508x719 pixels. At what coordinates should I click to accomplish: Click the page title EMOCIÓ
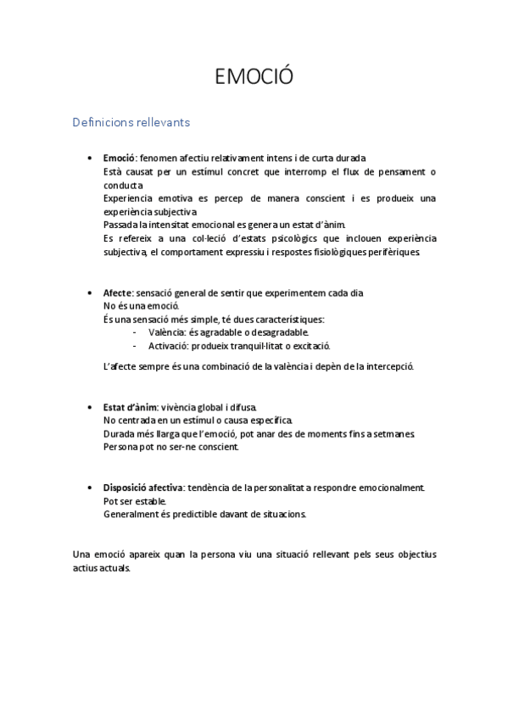pos(254,78)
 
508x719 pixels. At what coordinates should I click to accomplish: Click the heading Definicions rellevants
pos(131,122)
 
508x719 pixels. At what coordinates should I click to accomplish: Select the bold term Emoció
pos(119,159)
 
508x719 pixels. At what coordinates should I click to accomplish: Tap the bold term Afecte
pos(118,293)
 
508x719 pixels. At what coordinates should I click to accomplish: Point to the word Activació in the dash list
pos(168,346)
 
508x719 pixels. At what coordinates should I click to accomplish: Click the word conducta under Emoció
pos(123,185)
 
